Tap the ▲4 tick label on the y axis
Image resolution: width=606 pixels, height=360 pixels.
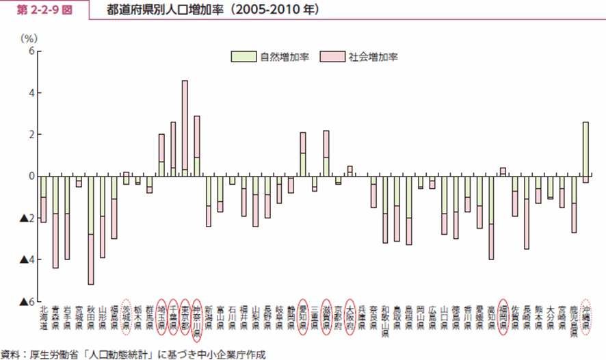tap(27, 259)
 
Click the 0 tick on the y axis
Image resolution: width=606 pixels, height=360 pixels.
tap(31, 176)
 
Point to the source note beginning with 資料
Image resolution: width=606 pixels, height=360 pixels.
tap(133, 354)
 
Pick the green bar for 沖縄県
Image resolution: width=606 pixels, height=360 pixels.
tap(585, 149)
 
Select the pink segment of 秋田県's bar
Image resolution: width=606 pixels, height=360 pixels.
tap(90, 259)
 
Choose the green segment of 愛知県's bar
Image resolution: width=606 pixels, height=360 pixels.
tap(303, 164)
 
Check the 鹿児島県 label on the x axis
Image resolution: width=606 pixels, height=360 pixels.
tap(574, 320)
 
